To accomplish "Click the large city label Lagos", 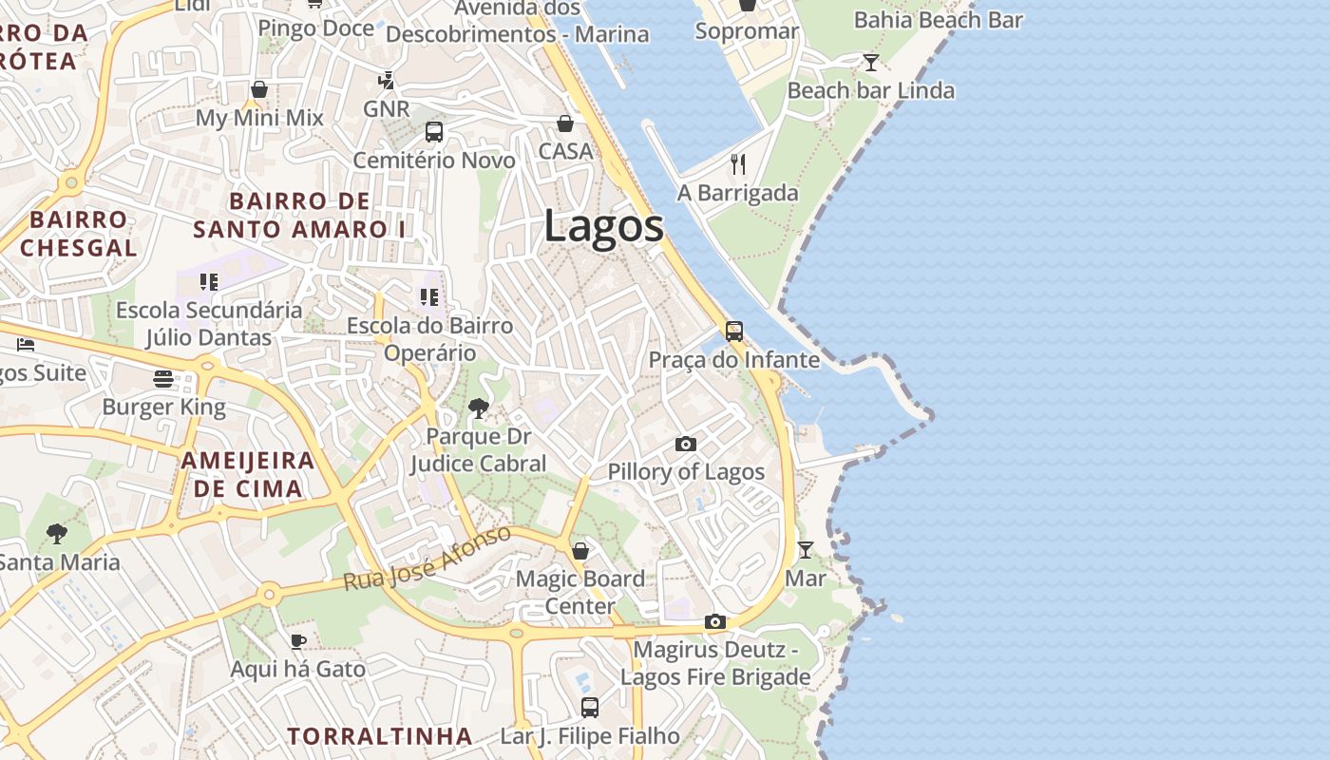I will click(x=603, y=228).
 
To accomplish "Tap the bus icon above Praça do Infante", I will click(x=734, y=331).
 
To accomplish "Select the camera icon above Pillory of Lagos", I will click(x=685, y=444).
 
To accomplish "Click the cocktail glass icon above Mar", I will click(x=805, y=549).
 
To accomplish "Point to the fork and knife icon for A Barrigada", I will click(x=738, y=164).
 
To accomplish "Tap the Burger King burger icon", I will click(x=162, y=379).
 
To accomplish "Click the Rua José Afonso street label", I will click(x=427, y=559).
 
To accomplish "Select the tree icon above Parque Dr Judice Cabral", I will click(x=479, y=408).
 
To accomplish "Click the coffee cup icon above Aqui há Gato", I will click(x=297, y=641).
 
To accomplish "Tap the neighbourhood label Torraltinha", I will click(x=379, y=736).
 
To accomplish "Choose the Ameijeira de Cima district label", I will click(x=247, y=475).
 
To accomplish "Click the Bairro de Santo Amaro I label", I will click(x=299, y=216).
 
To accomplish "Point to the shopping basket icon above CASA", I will click(x=565, y=123).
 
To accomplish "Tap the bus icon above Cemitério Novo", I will click(x=434, y=132).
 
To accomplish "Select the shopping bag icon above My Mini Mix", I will click(x=259, y=89).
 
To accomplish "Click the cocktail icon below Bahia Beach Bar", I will click(x=870, y=63).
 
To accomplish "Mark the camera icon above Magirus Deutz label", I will click(x=715, y=621).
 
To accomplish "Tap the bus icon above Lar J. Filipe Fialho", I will click(x=590, y=707).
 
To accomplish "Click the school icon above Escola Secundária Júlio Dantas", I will click(x=209, y=281).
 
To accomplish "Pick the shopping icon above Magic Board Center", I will click(x=579, y=550).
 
